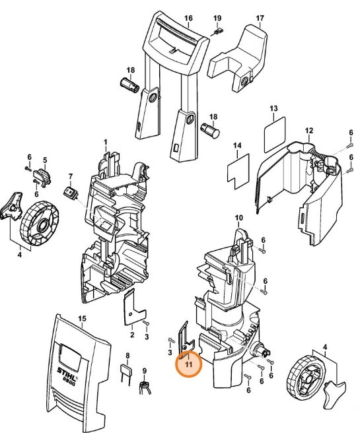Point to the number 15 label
point(82,319)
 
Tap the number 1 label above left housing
point(104,142)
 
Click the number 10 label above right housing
point(238,217)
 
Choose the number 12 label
point(308,131)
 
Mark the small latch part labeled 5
point(43,177)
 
